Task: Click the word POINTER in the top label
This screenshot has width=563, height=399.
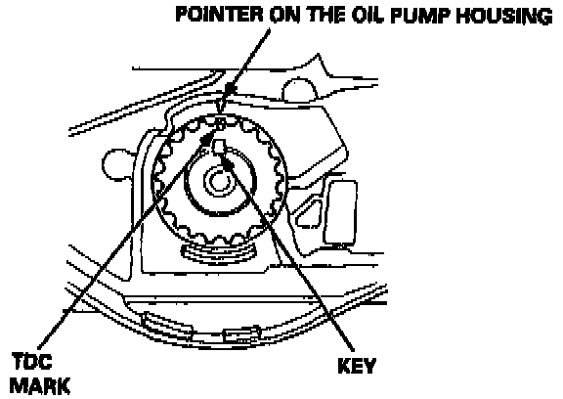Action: coord(219,15)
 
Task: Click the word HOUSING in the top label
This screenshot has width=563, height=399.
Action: coord(504,17)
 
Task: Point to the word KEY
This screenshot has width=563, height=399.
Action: coord(357,366)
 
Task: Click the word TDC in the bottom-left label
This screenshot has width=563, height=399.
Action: coord(32,361)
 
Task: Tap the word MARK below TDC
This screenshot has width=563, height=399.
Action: coord(39,385)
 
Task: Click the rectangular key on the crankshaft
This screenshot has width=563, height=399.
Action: coord(219,147)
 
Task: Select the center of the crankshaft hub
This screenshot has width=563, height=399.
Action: coord(216,181)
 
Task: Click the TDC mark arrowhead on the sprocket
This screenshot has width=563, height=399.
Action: coord(206,139)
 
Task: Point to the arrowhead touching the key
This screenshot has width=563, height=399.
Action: coord(228,163)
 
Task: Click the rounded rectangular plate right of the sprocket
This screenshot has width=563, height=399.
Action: coord(340,211)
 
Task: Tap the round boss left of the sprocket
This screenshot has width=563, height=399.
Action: coord(114,165)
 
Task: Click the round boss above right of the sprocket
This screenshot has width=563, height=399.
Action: coord(299,89)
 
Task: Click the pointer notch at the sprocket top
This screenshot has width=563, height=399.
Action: coord(221,121)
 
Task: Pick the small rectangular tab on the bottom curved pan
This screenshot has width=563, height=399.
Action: coord(239,335)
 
